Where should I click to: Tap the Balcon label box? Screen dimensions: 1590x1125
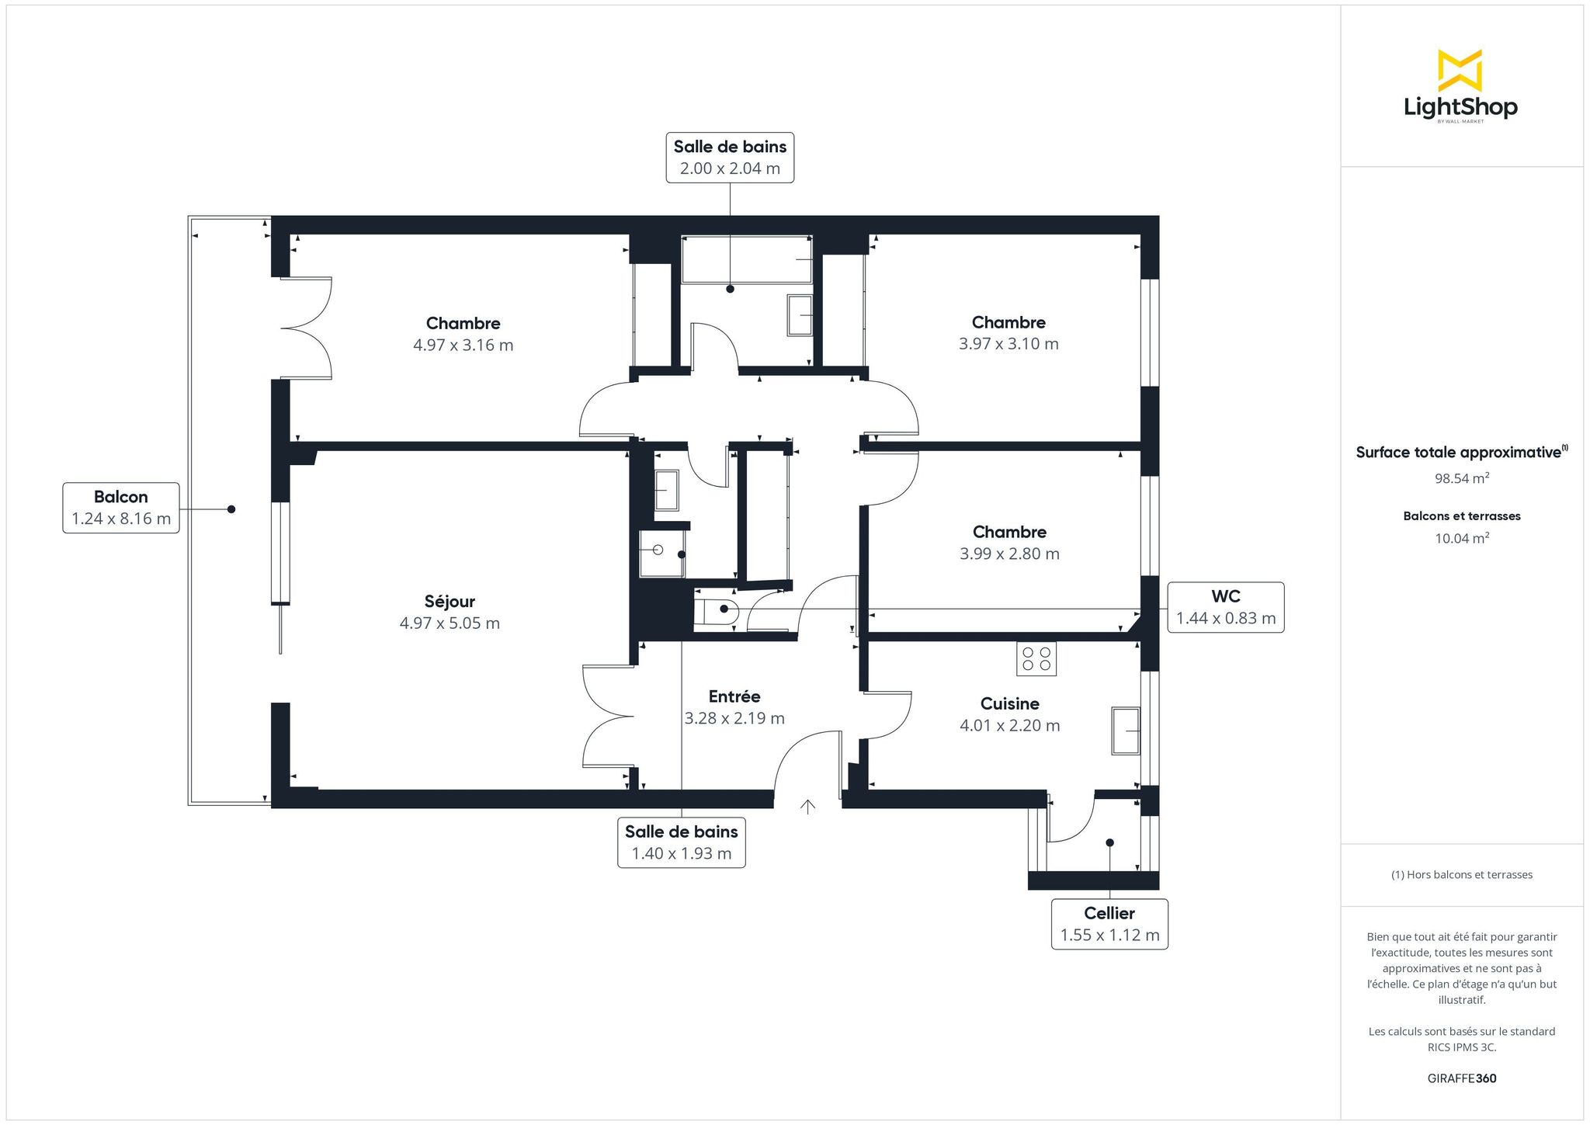point(121,508)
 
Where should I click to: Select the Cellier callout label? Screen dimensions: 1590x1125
point(1109,924)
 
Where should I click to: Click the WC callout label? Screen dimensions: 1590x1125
point(1226,607)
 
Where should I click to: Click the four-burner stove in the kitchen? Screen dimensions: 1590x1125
point(1036,659)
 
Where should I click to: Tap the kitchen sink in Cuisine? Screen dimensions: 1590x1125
point(1126,731)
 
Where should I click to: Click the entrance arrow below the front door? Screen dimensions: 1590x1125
point(807,807)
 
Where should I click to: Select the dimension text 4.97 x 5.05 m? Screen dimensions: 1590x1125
point(450,623)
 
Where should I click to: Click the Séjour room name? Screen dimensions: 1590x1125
point(450,601)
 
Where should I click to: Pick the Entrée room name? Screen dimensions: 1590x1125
point(734,696)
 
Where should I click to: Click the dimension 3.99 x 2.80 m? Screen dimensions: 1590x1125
point(1009,554)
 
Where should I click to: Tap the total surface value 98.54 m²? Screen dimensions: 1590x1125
point(1462,478)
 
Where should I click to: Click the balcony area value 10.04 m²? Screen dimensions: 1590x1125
point(1462,538)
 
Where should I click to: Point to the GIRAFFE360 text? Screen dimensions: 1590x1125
point(1462,1078)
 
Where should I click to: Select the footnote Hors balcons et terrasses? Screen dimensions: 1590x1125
point(1462,875)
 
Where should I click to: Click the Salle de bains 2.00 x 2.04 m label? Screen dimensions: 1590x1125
point(730,158)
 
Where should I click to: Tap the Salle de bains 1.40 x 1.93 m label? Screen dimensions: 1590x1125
point(682,842)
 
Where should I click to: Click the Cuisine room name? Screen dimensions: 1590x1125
point(1009,703)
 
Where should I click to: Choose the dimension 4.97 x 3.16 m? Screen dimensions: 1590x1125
point(463,345)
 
